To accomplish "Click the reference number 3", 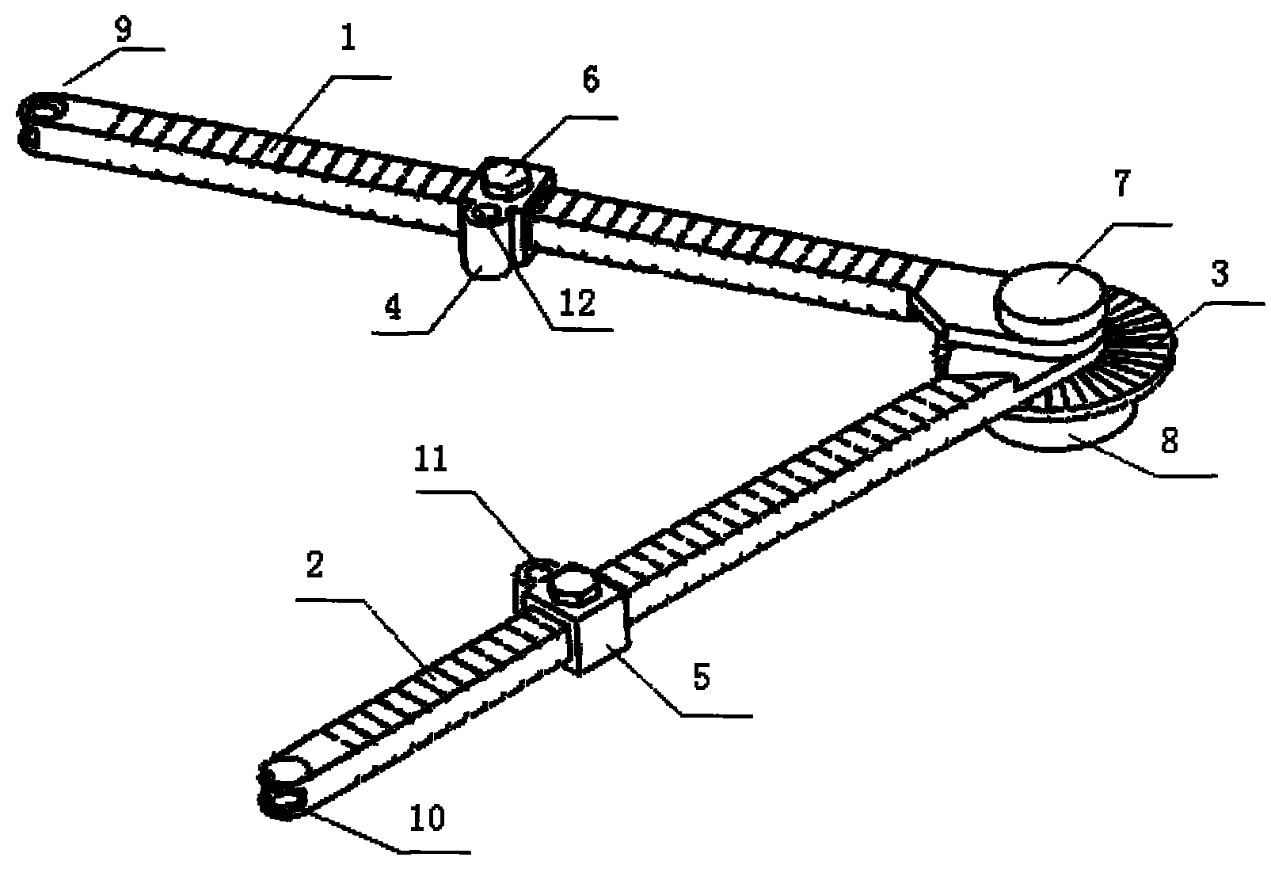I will click(1220, 274).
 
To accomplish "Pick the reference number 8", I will click(1170, 440).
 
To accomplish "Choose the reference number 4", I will click(393, 307).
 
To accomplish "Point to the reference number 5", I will click(702, 678).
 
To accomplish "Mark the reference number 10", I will click(427, 818).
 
